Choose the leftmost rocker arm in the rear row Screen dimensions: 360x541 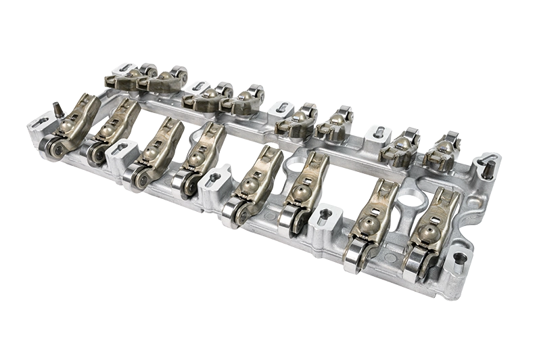click(122, 78)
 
